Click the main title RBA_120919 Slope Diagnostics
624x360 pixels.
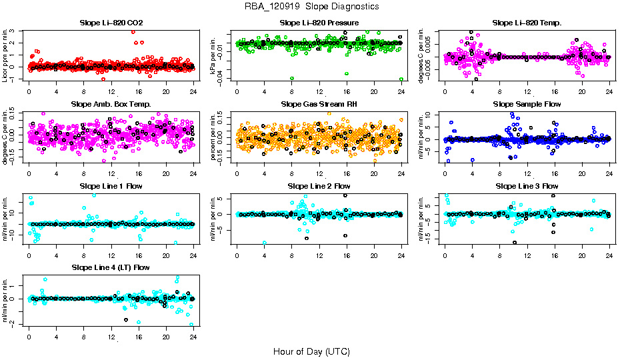[x=312, y=6]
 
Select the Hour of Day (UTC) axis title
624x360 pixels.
[x=311, y=351]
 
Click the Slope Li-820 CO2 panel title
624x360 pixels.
[x=111, y=23]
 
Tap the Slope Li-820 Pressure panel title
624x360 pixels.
[x=319, y=23]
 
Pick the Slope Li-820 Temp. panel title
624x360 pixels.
[x=527, y=23]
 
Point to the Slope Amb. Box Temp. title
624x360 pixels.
[x=111, y=105]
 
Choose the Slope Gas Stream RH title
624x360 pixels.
[x=319, y=105]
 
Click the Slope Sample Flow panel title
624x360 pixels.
[x=527, y=105]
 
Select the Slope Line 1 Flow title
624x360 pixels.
[x=111, y=186]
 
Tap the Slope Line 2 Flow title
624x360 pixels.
[x=319, y=186]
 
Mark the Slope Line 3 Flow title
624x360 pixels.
[x=527, y=186]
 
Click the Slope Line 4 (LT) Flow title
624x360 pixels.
[x=111, y=268]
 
